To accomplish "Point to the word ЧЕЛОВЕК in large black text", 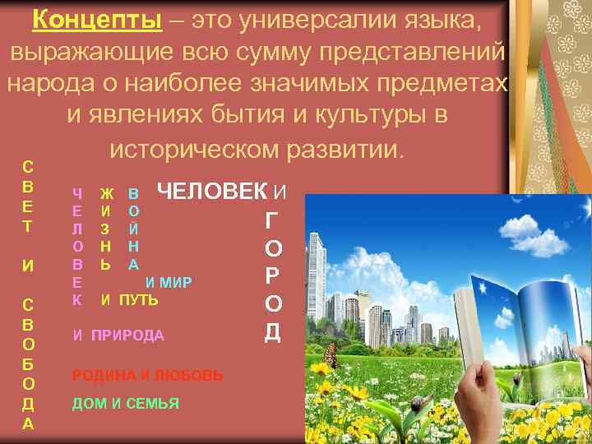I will click(212, 192).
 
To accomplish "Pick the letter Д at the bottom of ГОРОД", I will click(273, 331).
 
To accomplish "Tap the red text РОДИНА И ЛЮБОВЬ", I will click(147, 375).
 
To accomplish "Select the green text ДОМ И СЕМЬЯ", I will click(125, 404).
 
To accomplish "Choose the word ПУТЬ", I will click(139, 301).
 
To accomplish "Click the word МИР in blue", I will click(176, 284).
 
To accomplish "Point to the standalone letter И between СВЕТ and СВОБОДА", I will click(28, 266).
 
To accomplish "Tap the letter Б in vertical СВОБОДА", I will click(28, 363).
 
